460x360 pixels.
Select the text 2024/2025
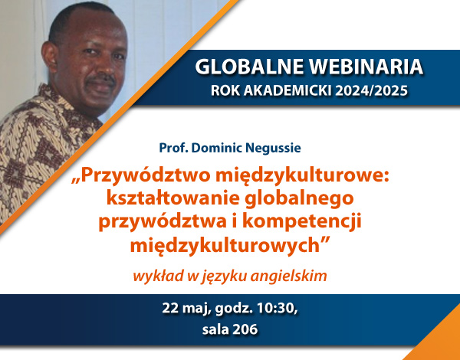(x=372, y=90)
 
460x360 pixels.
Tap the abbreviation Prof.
(x=173, y=148)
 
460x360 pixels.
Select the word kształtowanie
(x=172, y=198)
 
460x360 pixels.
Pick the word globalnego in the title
(x=299, y=199)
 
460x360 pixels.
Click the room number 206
(x=245, y=329)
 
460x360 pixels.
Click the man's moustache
(x=101, y=79)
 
